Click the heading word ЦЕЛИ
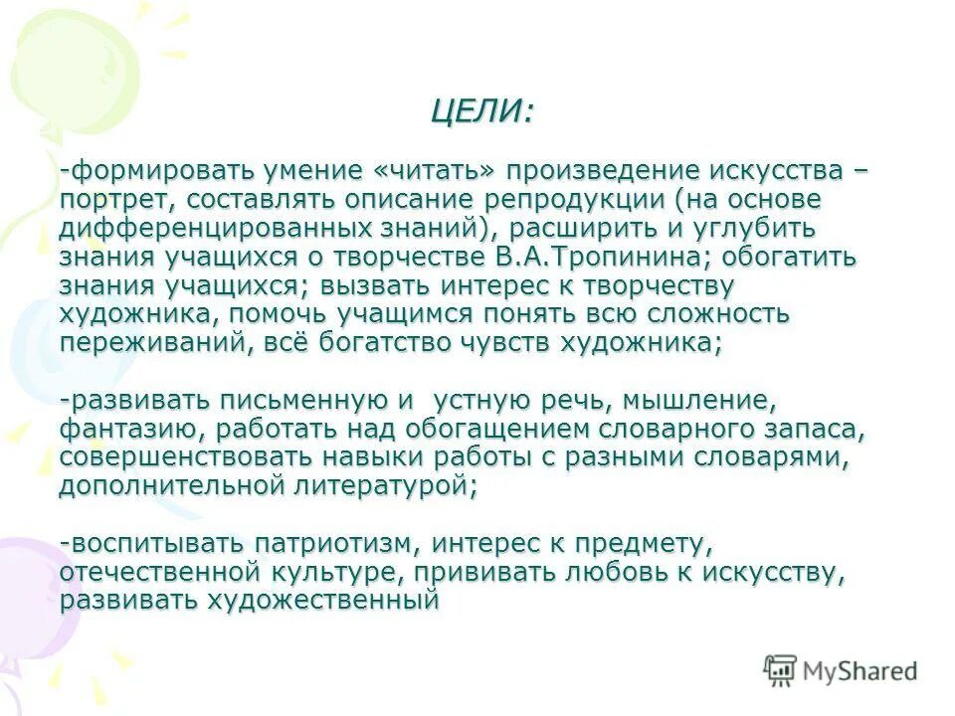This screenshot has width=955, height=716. pos(477,111)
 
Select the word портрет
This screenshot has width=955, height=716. pos(103,199)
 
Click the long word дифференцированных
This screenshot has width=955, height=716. pos(211,228)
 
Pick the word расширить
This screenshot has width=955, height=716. pos(575,228)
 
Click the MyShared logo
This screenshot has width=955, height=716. pos(840,671)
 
